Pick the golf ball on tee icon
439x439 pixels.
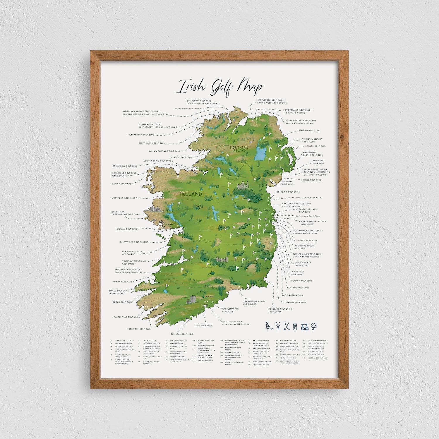(x=278, y=326)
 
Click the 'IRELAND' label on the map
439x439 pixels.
(x=191, y=194)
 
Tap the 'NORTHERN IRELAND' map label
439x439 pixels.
(x=239, y=149)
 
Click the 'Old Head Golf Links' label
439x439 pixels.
(x=182, y=334)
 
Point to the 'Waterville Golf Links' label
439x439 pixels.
(x=127, y=317)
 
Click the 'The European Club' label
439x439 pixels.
(x=292, y=295)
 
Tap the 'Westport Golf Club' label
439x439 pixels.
(x=124, y=198)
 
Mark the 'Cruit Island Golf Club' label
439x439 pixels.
(x=152, y=143)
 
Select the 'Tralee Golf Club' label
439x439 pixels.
(x=123, y=282)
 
